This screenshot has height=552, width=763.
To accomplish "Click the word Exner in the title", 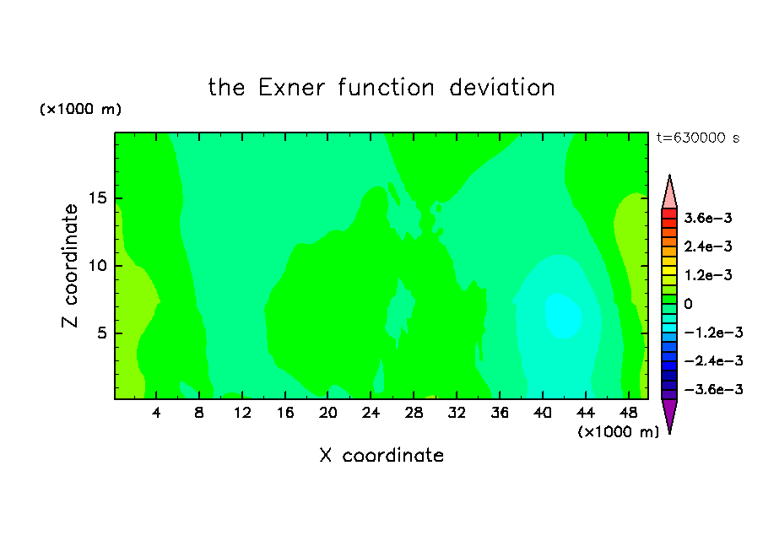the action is point(291,88).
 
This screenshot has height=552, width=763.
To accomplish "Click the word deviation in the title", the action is point(502,88).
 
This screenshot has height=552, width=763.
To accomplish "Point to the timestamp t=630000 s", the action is point(698,138).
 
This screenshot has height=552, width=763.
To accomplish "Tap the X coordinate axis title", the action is point(381,455).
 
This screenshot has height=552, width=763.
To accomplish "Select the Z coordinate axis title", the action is point(69,266).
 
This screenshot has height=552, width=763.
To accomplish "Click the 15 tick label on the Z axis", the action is point(97,198).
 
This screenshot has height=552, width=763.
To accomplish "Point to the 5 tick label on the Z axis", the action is point(101,333).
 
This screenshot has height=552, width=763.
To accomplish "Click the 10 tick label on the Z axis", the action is point(97,266).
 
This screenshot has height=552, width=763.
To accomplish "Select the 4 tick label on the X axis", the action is point(156,413).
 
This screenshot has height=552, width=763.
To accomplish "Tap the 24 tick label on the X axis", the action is point(371,413).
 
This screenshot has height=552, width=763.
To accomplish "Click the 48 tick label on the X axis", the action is point(628,413).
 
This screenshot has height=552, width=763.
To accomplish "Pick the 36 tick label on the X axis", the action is point(500,413).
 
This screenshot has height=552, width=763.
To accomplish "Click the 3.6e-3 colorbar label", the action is point(708,218).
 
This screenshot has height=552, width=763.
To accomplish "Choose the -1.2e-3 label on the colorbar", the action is point(713,333).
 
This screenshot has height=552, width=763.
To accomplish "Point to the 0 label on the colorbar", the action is point(688,304).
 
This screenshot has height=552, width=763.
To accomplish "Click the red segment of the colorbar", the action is point(669,214).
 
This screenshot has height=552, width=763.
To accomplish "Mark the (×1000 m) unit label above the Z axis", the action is point(80,109).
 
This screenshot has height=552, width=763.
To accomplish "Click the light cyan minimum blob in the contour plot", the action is point(563,316).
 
